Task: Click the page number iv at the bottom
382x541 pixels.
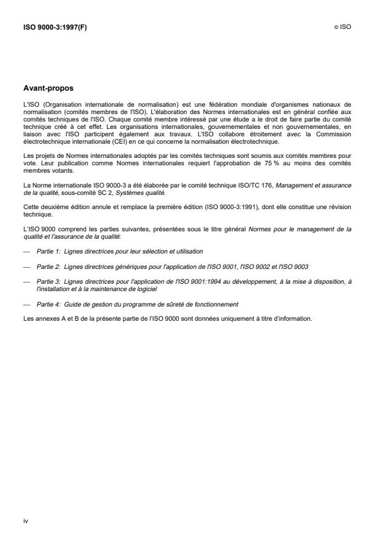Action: click(x=25, y=521)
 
